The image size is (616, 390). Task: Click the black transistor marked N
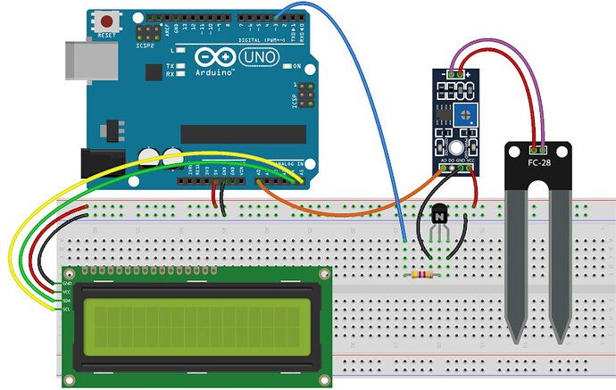439,215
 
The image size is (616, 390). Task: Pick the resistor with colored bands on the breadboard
423,275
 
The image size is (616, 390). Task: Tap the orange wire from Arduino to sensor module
339,212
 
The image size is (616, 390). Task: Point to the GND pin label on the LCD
66,282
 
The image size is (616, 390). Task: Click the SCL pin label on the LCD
66,310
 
